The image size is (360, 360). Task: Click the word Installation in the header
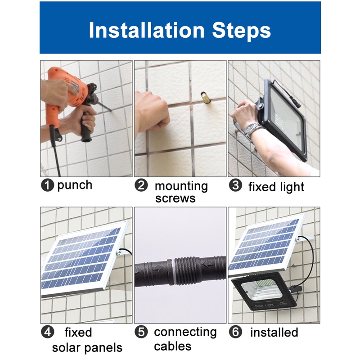point(147,30)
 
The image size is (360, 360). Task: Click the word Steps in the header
point(241,31)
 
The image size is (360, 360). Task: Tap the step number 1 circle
point(48,185)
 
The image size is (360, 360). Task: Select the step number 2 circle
point(141,185)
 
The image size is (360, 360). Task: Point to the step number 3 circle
point(235,185)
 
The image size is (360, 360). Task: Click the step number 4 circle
point(48,332)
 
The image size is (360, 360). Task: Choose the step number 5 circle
point(141,332)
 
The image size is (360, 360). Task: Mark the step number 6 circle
point(235,332)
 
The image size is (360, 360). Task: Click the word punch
point(75,185)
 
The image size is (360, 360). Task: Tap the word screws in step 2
point(175,198)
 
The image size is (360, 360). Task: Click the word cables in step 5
point(173,346)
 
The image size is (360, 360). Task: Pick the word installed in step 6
point(274,332)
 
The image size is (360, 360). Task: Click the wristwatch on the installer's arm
point(251,129)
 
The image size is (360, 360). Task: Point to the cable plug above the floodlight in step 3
point(296,103)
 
